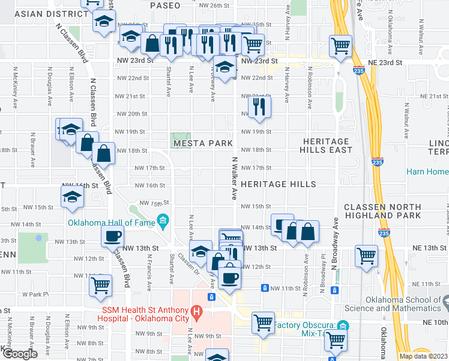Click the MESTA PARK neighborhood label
(202, 144)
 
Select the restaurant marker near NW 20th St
(259, 106)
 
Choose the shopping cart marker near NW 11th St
(101, 283)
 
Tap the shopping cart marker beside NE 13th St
(366, 255)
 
